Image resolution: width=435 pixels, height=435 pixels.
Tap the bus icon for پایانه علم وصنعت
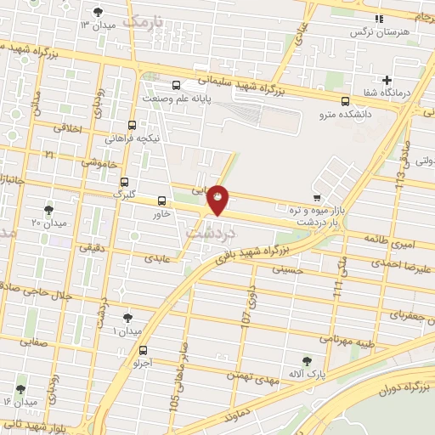(x=177, y=85)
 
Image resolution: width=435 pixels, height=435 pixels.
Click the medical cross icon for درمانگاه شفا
(x=387, y=80)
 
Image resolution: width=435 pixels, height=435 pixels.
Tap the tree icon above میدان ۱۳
(x=98, y=12)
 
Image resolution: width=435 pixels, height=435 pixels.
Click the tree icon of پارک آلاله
(x=307, y=360)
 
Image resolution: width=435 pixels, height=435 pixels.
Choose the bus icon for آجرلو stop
(x=142, y=349)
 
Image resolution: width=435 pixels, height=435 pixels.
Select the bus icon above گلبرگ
(x=125, y=182)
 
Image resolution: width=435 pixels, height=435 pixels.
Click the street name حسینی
(x=286, y=269)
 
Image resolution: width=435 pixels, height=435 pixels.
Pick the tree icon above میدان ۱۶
(x=20, y=389)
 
